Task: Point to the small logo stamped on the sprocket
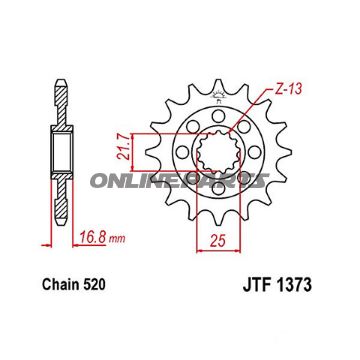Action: tap(217, 97)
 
